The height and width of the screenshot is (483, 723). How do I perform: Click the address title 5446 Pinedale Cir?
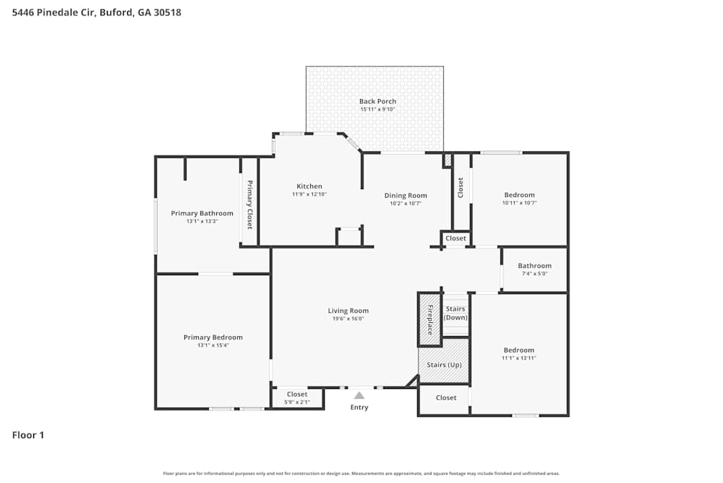click(x=97, y=12)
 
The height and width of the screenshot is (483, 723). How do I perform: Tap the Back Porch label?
click(x=377, y=101)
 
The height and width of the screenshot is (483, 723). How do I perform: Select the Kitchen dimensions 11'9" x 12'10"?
click(x=309, y=194)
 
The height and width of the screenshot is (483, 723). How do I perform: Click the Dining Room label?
click(x=405, y=195)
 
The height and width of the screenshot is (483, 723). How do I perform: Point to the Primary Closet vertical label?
click(x=249, y=205)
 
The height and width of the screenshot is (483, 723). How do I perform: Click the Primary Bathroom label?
click(x=202, y=213)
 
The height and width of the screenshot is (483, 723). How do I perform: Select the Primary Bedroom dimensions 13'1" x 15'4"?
click(x=213, y=345)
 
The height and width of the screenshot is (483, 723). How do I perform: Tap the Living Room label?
click(x=348, y=311)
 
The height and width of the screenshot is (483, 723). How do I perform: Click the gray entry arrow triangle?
click(x=359, y=395)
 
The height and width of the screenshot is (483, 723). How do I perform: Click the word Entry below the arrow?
click(x=359, y=407)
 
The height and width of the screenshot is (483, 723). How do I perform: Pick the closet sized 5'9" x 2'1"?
click(x=296, y=398)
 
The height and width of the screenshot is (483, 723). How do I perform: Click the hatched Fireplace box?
click(x=429, y=319)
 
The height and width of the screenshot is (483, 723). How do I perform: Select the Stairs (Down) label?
click(x=455, y=314)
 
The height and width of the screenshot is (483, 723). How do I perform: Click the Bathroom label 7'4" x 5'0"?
click(x=534, y=269)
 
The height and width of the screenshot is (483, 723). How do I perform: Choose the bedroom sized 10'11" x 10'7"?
click(x=519, y=198)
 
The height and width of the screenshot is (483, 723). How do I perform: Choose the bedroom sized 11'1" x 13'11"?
click(x=519, y=353)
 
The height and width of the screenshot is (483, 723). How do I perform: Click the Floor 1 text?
click(x=28, y=435)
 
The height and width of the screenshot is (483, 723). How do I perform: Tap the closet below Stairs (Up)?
click(x=446, y=398)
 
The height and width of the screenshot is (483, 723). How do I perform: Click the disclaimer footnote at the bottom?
click(x=361, y=473)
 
